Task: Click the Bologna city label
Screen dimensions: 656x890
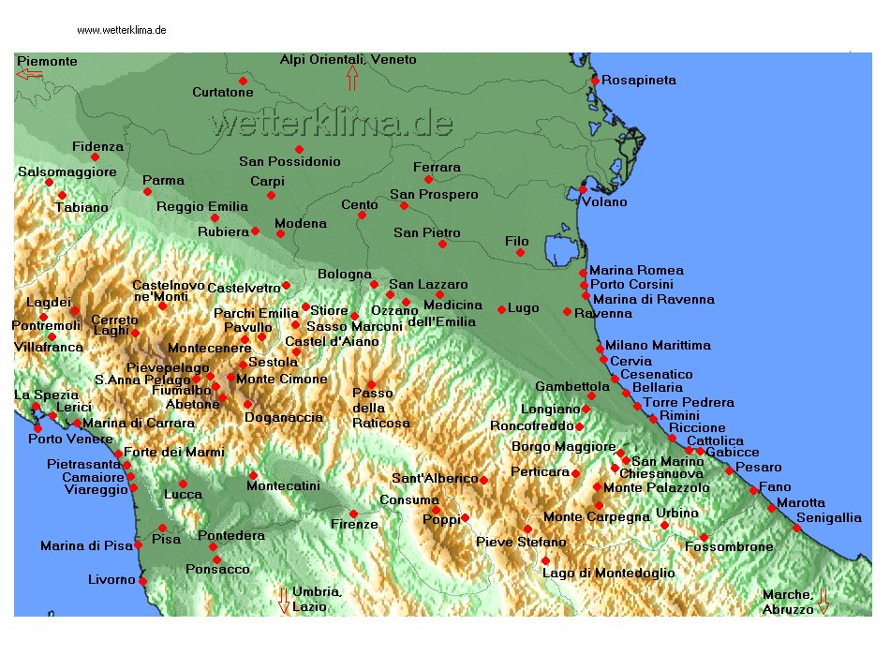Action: coord(344,274)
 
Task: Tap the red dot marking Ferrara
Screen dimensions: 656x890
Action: coord(428,179)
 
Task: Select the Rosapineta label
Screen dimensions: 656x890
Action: coord(638,81)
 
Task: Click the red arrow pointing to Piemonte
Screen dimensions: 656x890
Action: coord(29,74)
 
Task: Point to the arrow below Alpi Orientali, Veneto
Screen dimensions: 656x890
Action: coord(352,78)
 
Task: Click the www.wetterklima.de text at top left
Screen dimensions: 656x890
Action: coord(122,30)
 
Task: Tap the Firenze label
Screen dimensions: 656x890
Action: coord(354,525)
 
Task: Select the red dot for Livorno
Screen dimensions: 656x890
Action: coord(142,581)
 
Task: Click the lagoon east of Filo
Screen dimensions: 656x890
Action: coord(559,251)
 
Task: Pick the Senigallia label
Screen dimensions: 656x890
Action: coord(829,517)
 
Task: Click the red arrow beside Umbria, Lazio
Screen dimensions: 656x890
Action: coord(283,600)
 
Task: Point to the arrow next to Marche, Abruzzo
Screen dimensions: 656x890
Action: coord(823,601)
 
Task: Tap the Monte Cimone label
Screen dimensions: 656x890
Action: coord(281,379)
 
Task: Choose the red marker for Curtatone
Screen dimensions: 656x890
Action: coord(243,81)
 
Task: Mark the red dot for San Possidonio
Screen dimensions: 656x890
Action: coord(299,149)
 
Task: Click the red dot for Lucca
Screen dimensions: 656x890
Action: coord(183,484)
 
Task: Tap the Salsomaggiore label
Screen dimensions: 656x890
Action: coord(67,171)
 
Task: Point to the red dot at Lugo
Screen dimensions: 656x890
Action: coord(501,309)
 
